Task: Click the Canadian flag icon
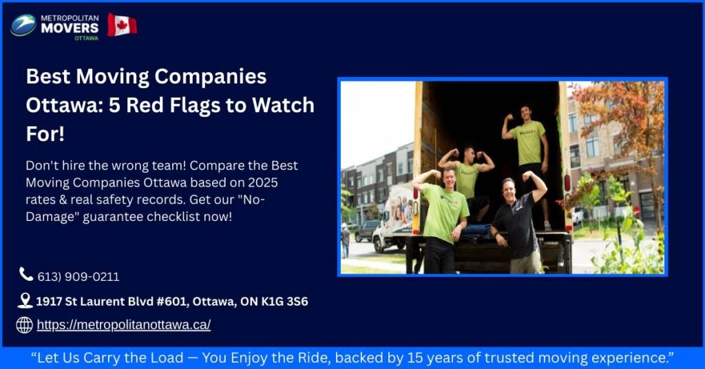pyautogui.click(x=122, y=25)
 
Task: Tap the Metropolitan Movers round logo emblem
pyautogui.click(x=23, y=25)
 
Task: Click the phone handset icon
pyautogui.click(x=26, y=275)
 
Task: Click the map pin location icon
pyautogui.click(x=25, y=301)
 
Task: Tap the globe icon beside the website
pyautogui.click(x=25, y=325)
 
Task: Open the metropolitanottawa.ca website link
pyautogui.click(x=123, y=325)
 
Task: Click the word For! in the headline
pyautogui.click(x=45, y=134)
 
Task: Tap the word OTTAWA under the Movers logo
pyautogui.click(x=86, y=38)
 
